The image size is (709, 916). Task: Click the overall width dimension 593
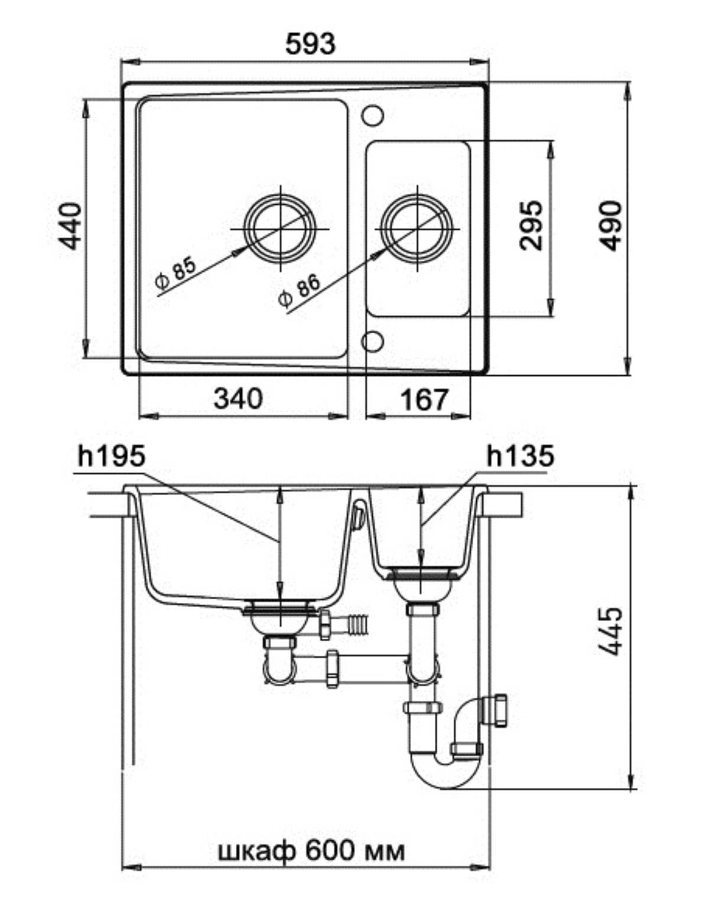pyautogui.click(x=310, y=44)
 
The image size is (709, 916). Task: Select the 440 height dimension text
pyautogui.click(x=70, y=226)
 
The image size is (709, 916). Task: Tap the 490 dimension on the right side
pyautogui.click(x=610, y=226)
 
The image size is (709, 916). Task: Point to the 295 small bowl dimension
pyautogui.click(x=531, y=226)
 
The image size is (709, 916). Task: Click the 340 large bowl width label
pyautogui.click(x=239, y=398)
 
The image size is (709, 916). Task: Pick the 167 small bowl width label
pyautogui.click(x=423, y=400)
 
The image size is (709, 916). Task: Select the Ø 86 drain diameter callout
pyautogui.click(x=300, y=291)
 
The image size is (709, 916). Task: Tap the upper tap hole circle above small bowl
pyautogui.click(x=372, y=115)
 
